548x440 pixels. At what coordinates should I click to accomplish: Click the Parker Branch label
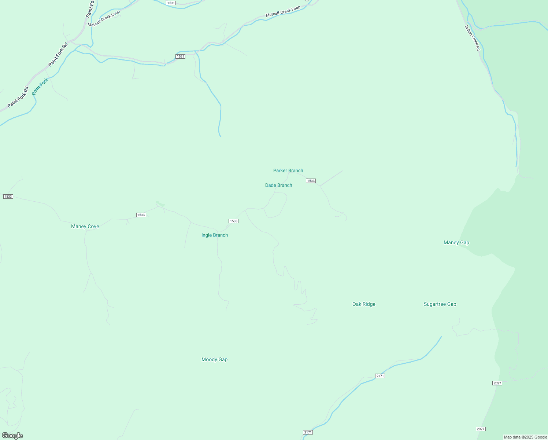coord(288,170)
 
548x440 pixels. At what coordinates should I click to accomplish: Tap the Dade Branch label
coord(278,185)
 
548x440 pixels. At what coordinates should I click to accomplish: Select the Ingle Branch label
coord(215,235)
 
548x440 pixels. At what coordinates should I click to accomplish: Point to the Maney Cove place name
coord(85,226)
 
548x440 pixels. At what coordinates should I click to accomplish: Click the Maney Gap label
coord(456,242)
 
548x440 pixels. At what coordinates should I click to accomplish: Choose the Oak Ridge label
coord(364,304)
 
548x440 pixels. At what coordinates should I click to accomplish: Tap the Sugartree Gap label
coord(440,304)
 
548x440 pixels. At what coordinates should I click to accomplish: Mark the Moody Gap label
coord(214,359)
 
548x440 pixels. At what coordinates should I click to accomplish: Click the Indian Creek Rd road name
coord(472,37)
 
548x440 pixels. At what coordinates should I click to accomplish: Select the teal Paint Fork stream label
coord(40,87)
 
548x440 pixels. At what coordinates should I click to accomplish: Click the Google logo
coord(12,436)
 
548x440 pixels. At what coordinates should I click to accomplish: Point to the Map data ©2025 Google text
coord(525,437)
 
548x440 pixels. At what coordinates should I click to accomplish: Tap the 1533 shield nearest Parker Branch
coord(311,181)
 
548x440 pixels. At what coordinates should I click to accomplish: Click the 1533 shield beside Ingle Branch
coord(233,221)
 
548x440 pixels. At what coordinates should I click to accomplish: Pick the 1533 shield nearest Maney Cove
coord(141,215)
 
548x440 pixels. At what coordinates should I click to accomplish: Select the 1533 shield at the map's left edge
coord(8,197)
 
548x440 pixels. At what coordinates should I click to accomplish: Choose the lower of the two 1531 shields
coord(180,56)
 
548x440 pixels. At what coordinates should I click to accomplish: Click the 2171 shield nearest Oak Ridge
coord(380,376)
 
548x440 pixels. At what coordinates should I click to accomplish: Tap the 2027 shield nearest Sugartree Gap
coord(497,383)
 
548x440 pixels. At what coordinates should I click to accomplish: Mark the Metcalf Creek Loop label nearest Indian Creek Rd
coord(283,11)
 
